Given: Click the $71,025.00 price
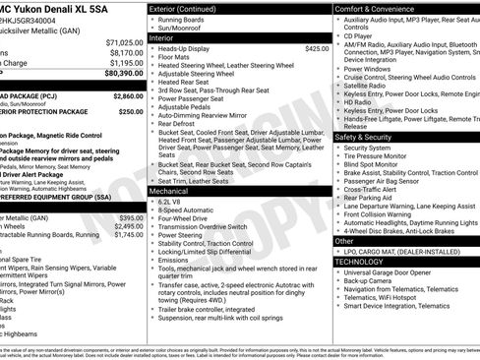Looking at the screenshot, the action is pyautogui.click(x=125, y=43).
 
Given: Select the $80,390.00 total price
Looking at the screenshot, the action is pyautogui.click(x=125, y=73).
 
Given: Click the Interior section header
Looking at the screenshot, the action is pyautogui.click(x=175, y=37).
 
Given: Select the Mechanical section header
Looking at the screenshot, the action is pyautogui.click(x=182, y=189).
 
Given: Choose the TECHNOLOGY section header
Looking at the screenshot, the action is pyautogui.click(x=361, y=262).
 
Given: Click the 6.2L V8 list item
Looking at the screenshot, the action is pyautogui.click(x=176, y=201).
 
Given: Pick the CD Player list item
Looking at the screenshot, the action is pyautogui.click(x=358, y=35).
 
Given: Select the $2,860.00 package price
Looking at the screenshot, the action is pyautogui.click(x=128, y=96).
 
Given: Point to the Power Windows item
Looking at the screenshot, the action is pyautogui.click(x=367, y=69).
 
